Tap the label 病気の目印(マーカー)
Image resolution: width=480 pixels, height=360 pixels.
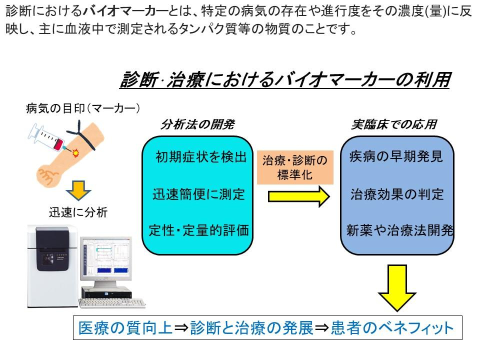point(82,108)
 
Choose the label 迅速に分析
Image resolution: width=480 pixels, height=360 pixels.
point(78,212)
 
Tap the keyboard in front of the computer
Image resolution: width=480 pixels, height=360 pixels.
point(112,302)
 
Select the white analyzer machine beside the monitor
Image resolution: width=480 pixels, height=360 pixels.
point(52,265)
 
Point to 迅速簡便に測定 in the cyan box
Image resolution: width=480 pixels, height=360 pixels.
point(199,193)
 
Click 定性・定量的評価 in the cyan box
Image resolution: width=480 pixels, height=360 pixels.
point(199,229)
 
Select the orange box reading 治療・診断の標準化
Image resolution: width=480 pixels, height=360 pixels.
point(295,167)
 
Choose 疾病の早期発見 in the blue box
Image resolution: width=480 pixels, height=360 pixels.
point(396,157)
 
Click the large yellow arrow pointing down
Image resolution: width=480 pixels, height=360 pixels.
point(397,287)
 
